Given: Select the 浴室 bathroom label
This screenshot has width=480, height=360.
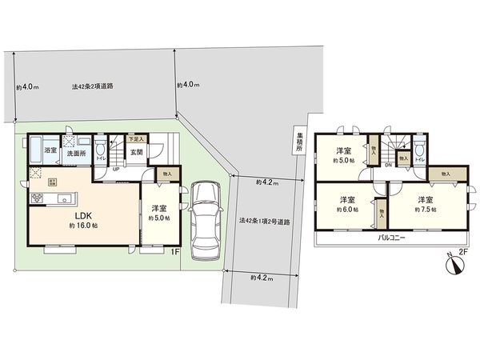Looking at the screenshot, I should coord(50,150).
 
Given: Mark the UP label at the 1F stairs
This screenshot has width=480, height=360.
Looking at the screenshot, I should coord(116,169).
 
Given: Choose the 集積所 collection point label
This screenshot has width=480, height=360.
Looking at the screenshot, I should coord(299,140).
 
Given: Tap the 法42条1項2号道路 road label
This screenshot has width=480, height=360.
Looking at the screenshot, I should coord(264,222).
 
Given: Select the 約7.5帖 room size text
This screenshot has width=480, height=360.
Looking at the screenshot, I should coord(425,210).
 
